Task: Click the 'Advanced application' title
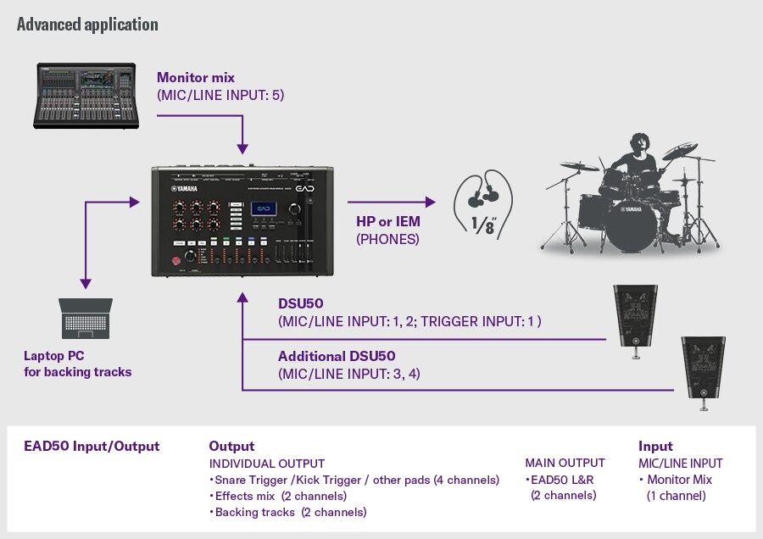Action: click(87, 24)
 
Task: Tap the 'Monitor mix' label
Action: click(196, 78)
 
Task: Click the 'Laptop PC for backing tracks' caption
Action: click(78, 364)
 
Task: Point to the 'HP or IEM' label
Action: click(388, 221)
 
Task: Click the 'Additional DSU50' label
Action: click(337, 356)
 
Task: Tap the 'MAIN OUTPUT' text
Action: click(565, 463)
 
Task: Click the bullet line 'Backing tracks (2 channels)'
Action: click(287, 512)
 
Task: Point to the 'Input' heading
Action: click(655, 446)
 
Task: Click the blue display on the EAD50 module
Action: click(268, 209)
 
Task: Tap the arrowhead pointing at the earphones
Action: click(430, 202)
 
